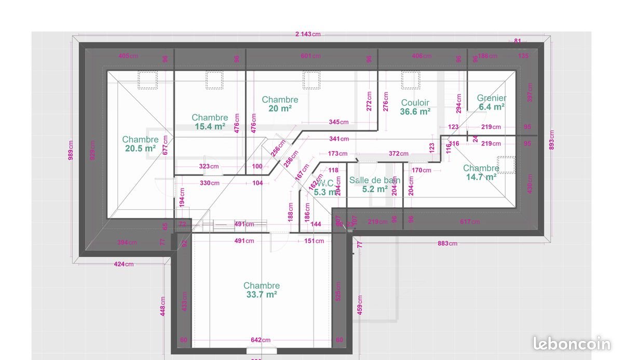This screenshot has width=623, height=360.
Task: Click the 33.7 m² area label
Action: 262,295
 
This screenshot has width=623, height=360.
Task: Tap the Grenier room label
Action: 492,98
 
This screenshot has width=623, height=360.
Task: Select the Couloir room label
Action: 415,103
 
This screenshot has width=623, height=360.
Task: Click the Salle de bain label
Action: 374,180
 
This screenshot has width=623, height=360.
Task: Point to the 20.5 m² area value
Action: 140,148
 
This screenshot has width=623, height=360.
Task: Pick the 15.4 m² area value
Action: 210,126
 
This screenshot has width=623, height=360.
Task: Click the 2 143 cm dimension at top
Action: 308,34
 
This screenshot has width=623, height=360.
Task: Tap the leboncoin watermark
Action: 572,343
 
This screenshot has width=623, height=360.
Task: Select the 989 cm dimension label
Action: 71,150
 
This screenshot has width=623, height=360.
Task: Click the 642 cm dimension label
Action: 261,340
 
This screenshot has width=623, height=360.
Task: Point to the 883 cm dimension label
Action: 446,243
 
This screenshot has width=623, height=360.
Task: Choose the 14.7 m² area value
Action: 481,177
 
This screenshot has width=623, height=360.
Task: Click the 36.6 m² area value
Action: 415,111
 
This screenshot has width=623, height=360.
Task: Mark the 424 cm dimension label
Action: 124,264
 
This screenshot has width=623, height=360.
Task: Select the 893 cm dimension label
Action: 552,140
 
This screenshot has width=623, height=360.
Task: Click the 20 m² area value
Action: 280,108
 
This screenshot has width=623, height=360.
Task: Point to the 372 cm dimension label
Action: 398,154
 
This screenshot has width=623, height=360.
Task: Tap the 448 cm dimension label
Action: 162,306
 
